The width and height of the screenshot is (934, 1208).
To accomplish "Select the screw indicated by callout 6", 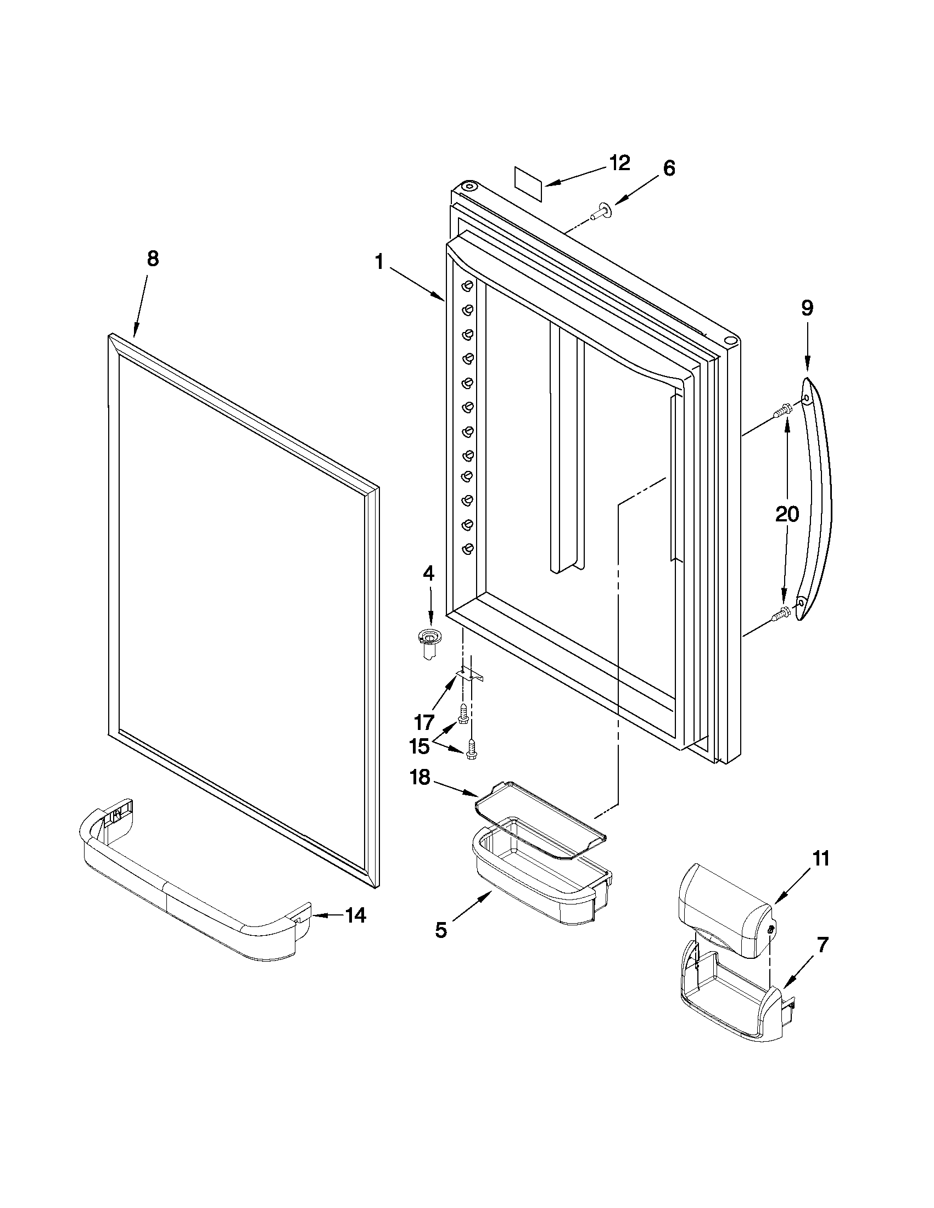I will pos(600,211).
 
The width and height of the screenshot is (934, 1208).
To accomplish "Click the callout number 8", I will pos(153,259).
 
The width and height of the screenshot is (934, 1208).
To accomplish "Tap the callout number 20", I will pos(787,515).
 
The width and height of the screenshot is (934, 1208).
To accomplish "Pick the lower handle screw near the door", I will pos(782,612).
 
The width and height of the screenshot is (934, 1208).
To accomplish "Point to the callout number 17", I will pos(424,722).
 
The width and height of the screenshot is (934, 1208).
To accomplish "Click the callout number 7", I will pos(823,946).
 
